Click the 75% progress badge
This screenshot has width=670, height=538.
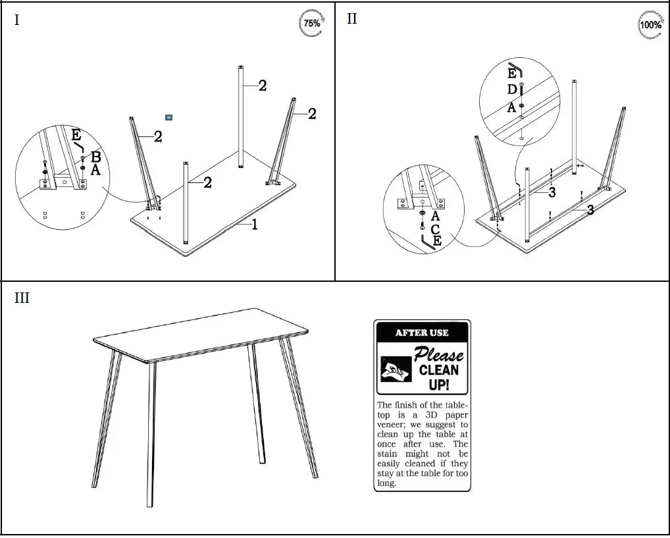pyautogui.click(x=311, y=23)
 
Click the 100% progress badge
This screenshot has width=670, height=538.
pyautogui.click(x=650, y=25)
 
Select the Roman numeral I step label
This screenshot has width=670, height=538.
pyautogui.click(x=16, y=20)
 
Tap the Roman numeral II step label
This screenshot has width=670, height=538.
pyautogui.click(x=352, y=18)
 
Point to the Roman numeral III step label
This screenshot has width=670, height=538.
pyautogui.click(x=22, y=298)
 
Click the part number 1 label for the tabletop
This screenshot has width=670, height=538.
pyautogui.click(x=255, y=225)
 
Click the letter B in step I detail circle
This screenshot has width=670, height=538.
pyautogui.click(x=95, y=157)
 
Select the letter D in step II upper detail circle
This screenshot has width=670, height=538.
pyautogui.click(x=511, y=90)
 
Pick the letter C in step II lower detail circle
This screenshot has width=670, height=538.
pyautogui.click(x=435, y=229)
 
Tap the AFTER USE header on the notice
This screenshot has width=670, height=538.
pyautogui.click(x=422, y=333)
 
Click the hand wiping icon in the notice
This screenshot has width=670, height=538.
pyautogui.click(x=393, y=368)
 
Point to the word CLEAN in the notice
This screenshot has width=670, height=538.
pyautogui.click(x=439, y=370)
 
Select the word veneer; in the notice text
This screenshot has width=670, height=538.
pyautogui.click(x=393, y=425)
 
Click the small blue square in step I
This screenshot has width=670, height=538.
pyautogui.click(x=168, y=117)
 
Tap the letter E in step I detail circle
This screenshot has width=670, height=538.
pyautogui.click(x=76, y=136)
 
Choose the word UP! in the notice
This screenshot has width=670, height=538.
pyautogui.click(x=439, y=385)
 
